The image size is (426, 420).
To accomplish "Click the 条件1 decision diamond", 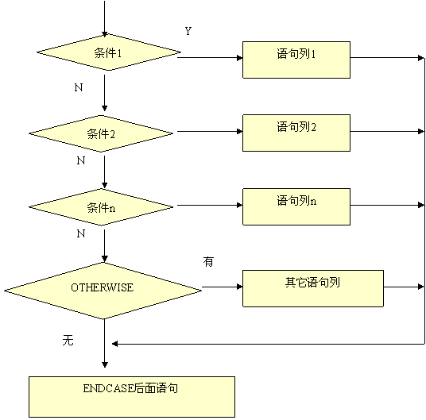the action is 109,52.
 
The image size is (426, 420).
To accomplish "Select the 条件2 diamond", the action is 101,133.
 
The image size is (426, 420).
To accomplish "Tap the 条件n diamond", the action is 101,207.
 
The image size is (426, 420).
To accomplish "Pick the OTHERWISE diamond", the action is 103,291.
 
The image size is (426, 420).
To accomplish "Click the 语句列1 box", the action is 296,60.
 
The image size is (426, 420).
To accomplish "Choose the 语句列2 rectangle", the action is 296,133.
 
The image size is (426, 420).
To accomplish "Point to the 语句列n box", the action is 296,206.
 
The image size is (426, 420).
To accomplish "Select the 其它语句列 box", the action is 313,288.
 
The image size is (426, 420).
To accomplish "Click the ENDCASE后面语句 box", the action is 132,397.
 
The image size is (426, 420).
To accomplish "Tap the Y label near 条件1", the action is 188,31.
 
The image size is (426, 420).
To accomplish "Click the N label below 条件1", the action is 79,87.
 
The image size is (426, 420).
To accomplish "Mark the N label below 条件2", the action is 81,160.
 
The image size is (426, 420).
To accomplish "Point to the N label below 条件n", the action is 81,233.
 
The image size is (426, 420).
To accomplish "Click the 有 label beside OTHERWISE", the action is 208,261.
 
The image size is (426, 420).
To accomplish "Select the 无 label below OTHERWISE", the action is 68,340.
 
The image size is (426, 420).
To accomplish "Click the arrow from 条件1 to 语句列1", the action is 210,58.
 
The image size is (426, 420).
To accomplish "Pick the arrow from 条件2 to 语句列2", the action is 210,132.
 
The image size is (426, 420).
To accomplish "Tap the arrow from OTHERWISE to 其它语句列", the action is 223,287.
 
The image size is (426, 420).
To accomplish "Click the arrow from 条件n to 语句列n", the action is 210,205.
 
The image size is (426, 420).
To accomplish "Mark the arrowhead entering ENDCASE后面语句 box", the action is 105,364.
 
